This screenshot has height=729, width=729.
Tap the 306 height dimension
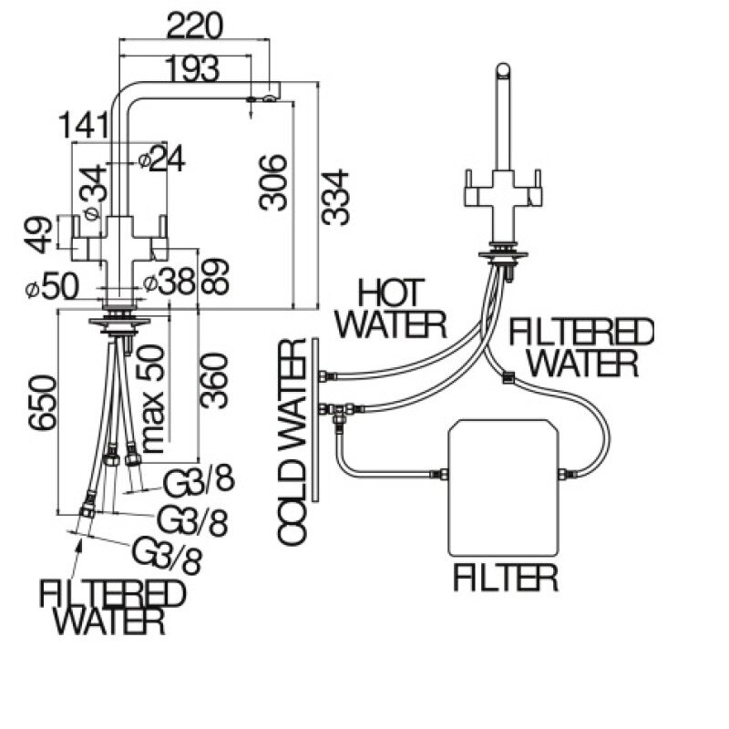(x=273, y=182)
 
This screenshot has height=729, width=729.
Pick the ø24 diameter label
(x=161, y=159)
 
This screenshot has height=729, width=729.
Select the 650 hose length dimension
(x=43, y=406)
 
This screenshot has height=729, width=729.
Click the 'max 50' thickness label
(x=152, y=398)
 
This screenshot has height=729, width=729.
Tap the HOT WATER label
(x=389, y=309)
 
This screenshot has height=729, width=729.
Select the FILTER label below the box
(x=505, y=577)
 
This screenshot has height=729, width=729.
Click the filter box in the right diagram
(x=504, y=487)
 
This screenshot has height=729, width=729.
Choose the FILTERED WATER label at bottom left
(x=111, y=607)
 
